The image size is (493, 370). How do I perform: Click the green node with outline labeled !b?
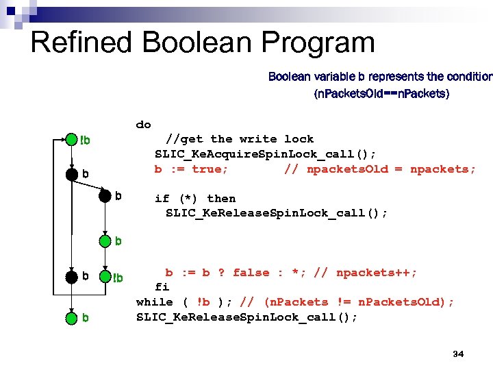pyautogui.click(x=104, y=277)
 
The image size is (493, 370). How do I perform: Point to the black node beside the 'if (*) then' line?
pyautogui.click(x=104, y=196)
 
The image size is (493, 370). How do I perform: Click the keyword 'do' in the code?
pyautogui.click(x=144, y=124)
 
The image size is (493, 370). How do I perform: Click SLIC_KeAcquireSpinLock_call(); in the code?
pyautogui.click(x=266, y=153)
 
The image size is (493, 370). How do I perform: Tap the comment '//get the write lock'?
pyautogui.click(x=240, y=139)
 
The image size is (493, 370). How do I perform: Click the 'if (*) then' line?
pyautogui.click(x=195, y=199)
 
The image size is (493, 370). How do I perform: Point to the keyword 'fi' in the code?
pyautogui.click(x=162, y=287)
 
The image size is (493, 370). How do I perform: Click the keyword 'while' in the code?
pyautogui.click(x=155, y=302)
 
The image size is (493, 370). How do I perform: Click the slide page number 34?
pyautogui.click(x=458, y=354)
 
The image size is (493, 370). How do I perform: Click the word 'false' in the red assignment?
pyautogui.click(x=251, y=273)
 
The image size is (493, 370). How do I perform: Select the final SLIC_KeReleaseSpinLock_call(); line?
pyautogui.click(x=246, y=317)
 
